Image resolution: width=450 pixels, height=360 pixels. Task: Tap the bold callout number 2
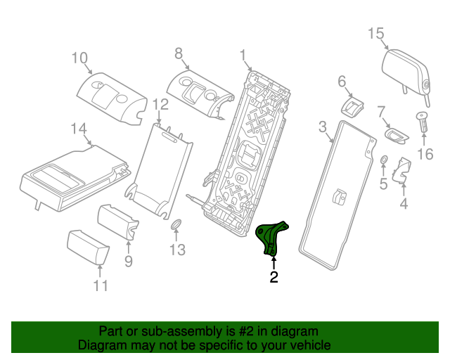(274, 278)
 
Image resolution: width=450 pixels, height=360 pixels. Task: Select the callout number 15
(375, 34)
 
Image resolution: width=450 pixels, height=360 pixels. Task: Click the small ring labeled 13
(176, 226)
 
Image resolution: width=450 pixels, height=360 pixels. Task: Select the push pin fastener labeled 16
(423, 124)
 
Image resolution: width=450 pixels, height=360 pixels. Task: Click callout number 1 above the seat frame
(243, 56)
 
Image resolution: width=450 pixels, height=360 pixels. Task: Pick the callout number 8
(178, 53)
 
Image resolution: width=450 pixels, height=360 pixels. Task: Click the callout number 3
(323, 127)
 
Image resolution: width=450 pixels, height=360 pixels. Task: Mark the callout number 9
(128, 262)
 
